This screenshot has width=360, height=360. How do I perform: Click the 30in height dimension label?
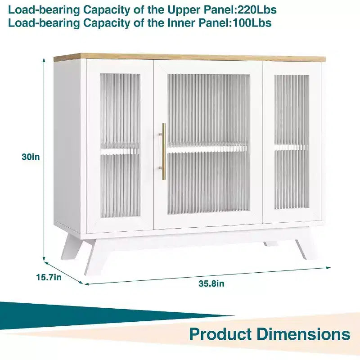pyautogui.click(x=31, y=157)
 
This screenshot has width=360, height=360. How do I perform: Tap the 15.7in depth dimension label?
pyautogui.click(x=49, y=277)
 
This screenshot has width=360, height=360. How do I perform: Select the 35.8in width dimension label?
pyautogui.click(x=211, y=283)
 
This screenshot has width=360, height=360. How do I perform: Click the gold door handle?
pyautogui.click(x=164, y=152)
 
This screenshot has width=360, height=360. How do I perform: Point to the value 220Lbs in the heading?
pyautogui.click(x=256, y=10)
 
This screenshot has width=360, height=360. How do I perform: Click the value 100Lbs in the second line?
pyautogui.click(x=252, y=23)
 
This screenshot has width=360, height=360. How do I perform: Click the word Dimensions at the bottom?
pyautogui.click(x=303, y=334)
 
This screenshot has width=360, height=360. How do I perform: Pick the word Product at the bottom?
pyautogui.click(x=220, y=334)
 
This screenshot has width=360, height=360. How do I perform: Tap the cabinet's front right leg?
pyautogui.click(x=301, y=249)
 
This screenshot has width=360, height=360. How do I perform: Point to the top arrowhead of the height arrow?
pyautogui.click(x=44, y=60)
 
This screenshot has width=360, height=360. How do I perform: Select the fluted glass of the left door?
pyautogui.click(x=120, y=145)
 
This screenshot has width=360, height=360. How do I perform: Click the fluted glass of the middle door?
pyautogui.click(x=208, y=144)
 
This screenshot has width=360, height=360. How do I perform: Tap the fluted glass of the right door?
pyautogui.click(x=292, y=142)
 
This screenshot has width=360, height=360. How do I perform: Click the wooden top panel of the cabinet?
pyautogui.click(x=189, y=58)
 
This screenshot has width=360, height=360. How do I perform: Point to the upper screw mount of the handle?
pyautogui.click(x=161, y=134)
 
